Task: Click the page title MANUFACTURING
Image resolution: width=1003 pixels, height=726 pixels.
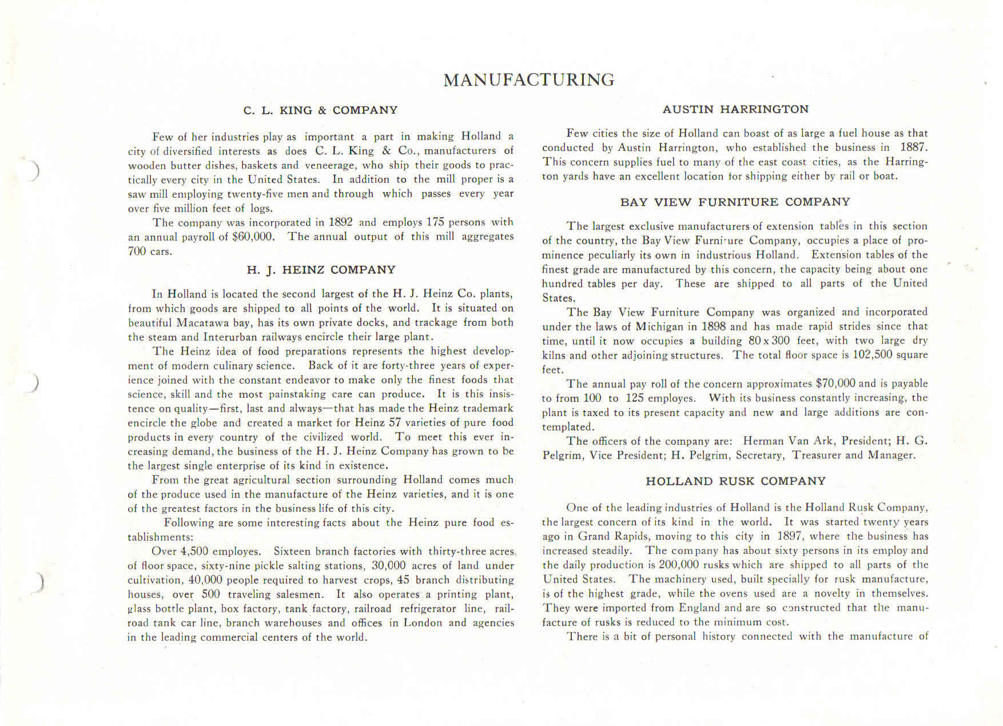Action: (529, 79)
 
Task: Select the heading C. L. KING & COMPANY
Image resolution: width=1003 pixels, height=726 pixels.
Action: (320, 110)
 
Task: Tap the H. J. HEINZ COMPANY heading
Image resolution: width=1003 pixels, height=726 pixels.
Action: (321, 270)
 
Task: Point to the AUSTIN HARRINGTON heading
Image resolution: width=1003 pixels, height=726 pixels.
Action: (735, 109)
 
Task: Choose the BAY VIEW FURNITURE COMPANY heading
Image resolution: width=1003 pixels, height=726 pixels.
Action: (735, 202)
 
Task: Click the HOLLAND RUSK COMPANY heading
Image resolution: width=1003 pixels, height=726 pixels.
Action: (735, 481)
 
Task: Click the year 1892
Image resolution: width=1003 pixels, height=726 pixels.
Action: (340, 222)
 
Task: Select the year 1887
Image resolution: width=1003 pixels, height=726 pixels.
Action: (913, 147)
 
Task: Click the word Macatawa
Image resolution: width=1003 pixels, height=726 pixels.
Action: (203, 322)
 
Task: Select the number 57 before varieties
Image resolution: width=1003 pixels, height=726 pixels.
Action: (395, 422)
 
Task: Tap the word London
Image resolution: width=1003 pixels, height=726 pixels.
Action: (423, 623)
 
